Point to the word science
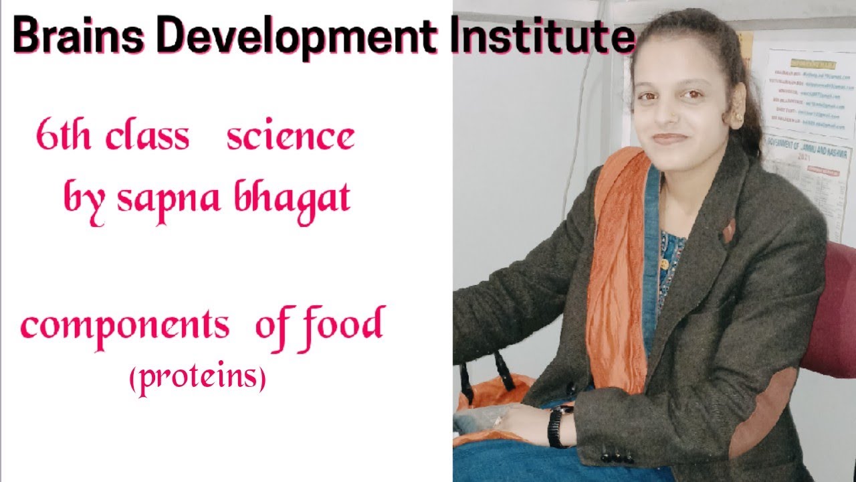[290, 137]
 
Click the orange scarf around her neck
[615, 268]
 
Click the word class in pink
[148, 137]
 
